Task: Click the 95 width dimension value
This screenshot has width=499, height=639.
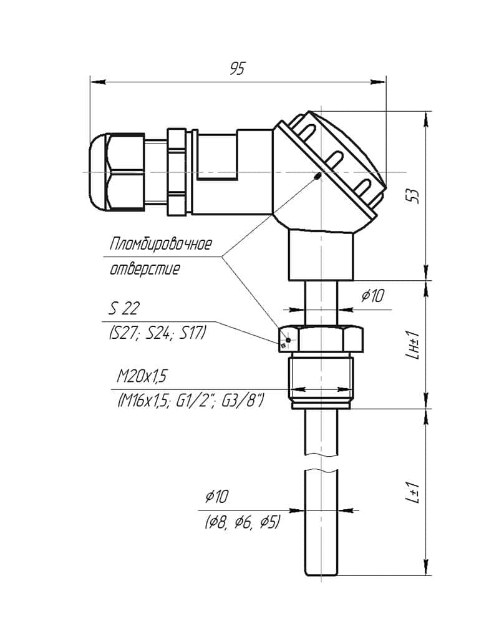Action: [237, 69]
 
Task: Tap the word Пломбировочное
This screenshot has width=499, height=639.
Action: [160, 244]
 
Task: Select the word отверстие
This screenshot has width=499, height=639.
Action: [145, 269]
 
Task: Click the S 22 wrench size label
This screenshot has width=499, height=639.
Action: [124, 308]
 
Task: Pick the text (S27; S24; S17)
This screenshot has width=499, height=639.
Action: [157, 333]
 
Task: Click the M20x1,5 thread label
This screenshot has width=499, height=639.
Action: [142, 376]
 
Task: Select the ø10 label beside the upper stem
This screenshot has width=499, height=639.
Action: [372, 295]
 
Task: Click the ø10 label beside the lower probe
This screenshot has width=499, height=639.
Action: [216, 496]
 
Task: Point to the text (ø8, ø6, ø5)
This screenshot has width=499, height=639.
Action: [243, 522]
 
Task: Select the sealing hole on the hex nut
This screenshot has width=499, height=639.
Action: [288, 340]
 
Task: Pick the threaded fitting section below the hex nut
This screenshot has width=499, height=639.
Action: [321, 381]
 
